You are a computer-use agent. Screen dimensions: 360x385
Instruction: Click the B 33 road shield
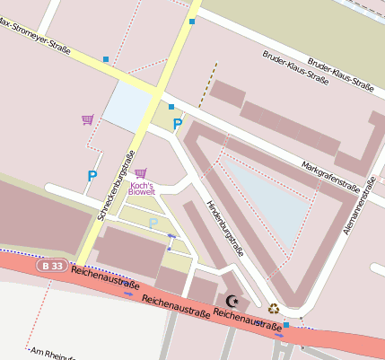tap(52, 266)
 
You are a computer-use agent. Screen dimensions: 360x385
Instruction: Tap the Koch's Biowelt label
tap(142, 189)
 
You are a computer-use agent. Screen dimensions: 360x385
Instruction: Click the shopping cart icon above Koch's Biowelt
tap(140, 172)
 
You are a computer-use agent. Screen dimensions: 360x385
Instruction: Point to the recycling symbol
tap(273, 308)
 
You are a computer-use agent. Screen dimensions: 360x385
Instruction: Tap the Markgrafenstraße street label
tap(331, 173)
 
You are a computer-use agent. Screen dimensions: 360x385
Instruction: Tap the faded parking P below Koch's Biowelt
tap(153, 222)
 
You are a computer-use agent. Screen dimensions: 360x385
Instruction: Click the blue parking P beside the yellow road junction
tap(178, 124)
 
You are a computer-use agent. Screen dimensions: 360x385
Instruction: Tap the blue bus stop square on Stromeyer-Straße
tap(106, 60)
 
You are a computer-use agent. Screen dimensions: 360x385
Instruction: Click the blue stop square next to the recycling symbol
tap(286, 324)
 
